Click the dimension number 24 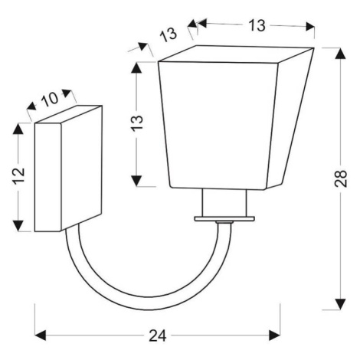coord(157,335)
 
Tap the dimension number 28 coord(341,178)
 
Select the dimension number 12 coord(18,175)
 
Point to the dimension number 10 coord(50,99)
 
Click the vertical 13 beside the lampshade coord(138,123)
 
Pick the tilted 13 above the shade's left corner coord(169,34)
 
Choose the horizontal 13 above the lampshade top coord(257,25)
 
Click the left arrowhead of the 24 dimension coord(40,335)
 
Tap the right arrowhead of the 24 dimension coord(275,335)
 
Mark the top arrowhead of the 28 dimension coord(340,54)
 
